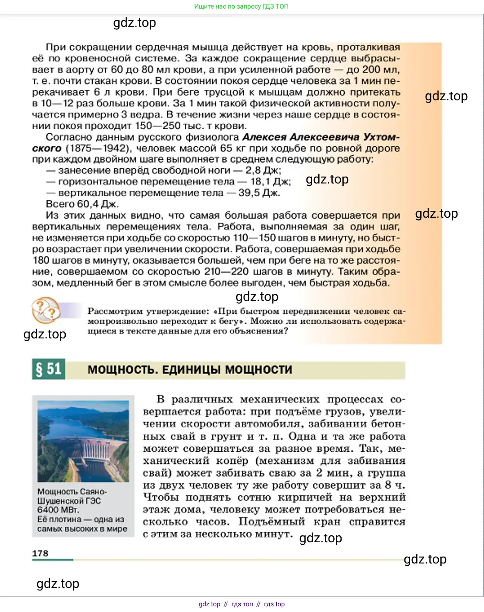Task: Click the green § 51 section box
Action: pos(49,369)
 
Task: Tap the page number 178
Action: pos(40,553)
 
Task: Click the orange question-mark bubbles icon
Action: pos(46,311)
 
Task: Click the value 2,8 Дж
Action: pos(263,170)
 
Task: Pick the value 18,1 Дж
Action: pos(270,182)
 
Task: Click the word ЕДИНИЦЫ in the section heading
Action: pos(191,370)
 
